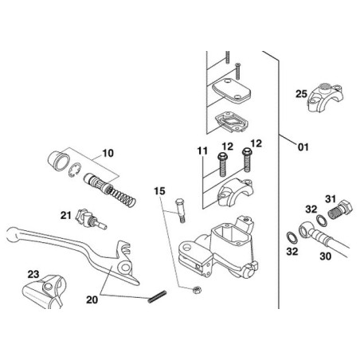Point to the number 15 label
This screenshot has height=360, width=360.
click(x=159, y=191)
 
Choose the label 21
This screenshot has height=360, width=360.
click(x=67, y=215)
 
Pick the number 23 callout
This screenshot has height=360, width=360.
click(x=33, y=275)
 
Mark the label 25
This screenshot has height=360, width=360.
click(x=301, y=94)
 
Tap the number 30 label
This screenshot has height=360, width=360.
click(x=324, y=256)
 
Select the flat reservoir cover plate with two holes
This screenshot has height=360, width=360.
click(x=233, y=91)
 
